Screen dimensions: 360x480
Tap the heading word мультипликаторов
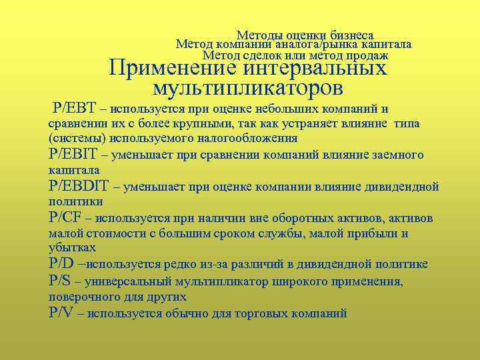click(248, 87)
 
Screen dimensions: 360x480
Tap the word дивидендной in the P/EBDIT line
click(403, 187)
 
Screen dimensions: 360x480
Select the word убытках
click(69, 248)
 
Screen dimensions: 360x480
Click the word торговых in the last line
click(266, 313)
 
